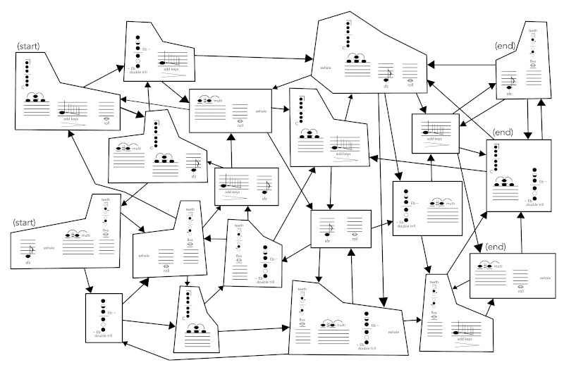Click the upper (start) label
pyautogui.click(x=29, y=46)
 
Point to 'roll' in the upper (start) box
pyautogui.click(x=106, y=122)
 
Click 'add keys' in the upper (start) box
pyautogui.click(x=71, y=120)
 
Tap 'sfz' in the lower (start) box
pyautogui.click(x=28, y=262)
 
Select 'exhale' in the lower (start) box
pyautogui.click(x=49, y=247)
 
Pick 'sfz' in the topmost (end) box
pyautogui.click(x=509, y=94)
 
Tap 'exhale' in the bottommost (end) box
pyautogui.click(x=545, y=278)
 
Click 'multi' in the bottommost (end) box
pyautogui.click(x=498, y=266)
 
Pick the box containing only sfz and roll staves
pyautogui.click(x=341, y=229)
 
